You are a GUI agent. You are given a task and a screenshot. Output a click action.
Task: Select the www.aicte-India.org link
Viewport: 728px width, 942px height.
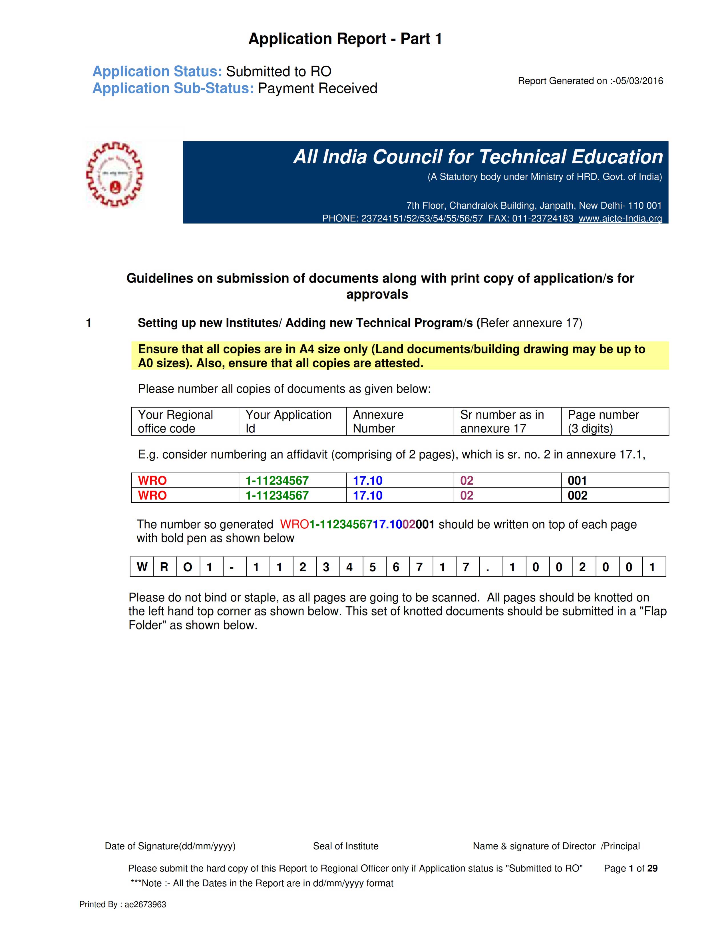point(620,218)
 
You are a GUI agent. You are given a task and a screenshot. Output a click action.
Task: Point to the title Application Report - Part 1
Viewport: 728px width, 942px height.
point(345,39)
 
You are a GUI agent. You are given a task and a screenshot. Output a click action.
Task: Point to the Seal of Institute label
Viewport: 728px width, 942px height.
point(345,846)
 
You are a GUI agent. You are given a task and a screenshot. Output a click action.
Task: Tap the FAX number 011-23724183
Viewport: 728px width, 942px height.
point(542,218)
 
